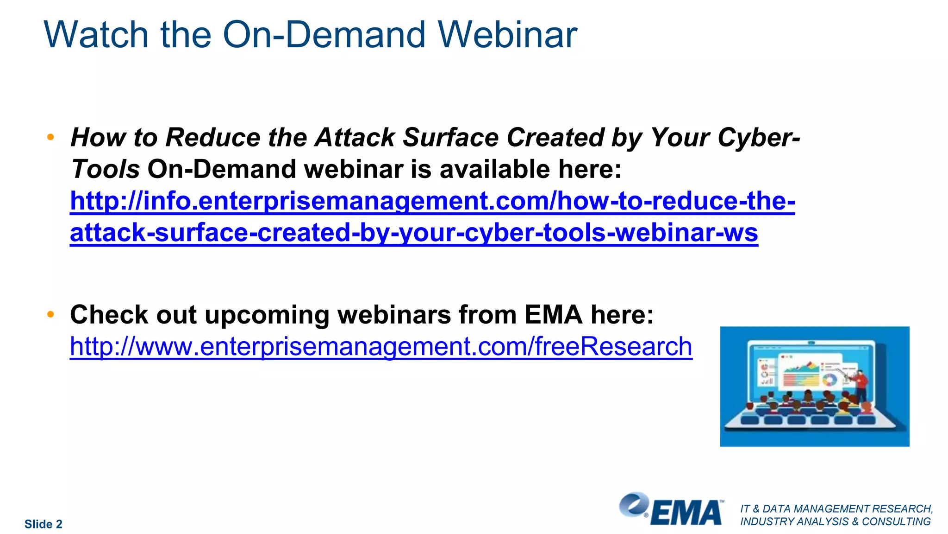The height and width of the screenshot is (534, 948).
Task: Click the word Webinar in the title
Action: pos(507,35)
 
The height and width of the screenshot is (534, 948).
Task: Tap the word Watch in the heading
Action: pos(96,35)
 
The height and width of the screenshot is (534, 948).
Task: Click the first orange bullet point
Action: pos(51,137)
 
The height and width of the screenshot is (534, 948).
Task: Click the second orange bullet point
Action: pos(51,315)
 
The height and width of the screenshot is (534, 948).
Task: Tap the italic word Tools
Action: pos(105,169)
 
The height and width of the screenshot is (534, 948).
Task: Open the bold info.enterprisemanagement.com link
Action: pos(432,201)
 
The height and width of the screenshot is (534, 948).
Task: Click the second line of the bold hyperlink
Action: pos(413,233)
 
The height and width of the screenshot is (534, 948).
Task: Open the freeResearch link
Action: pos(380,347)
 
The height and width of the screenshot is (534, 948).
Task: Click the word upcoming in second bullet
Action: pos(267,315)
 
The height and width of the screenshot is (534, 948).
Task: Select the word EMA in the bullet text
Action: pos(553,315)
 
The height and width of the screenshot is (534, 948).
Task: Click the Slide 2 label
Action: pos(43,524)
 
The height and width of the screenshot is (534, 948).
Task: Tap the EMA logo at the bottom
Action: pos(671,510)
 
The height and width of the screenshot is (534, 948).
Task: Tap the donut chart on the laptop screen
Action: pos(829,381)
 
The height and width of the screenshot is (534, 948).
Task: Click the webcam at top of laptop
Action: pos(811,343)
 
